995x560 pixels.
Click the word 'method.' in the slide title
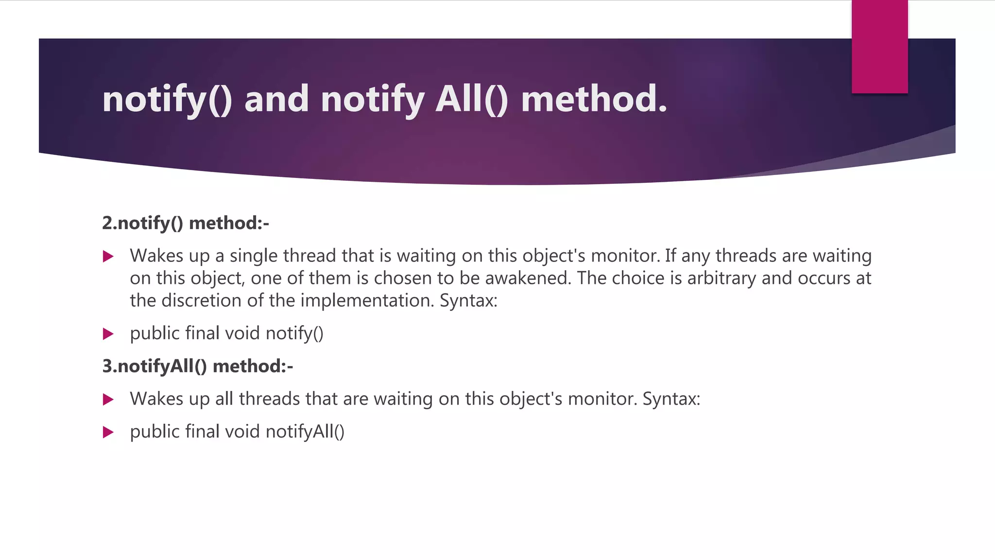click(594, 99)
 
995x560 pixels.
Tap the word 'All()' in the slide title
click(471, 99)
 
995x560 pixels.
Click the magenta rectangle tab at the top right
click(879, 47)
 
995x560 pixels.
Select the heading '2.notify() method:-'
click(185, 223)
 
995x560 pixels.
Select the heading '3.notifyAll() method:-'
click(197, 366)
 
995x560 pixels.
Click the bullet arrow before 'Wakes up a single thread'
click(108, 256)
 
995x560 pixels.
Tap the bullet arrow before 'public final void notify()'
click(108, 334)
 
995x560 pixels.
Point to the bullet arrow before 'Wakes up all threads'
click(108, 400)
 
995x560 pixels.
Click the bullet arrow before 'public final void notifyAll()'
click(108, 432)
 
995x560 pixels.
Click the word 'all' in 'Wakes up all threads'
click(224, 399)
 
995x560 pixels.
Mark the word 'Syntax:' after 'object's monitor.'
click(671, 399)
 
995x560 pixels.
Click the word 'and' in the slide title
click(276, 99)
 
